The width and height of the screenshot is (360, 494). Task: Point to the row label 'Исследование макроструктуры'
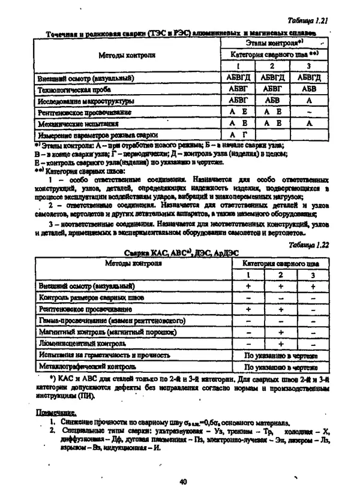(77, 101)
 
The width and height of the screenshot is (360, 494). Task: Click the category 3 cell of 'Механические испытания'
(309, 123)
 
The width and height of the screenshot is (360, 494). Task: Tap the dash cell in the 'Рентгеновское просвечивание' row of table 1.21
(309, 112)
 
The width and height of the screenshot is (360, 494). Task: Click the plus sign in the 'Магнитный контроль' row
(280, 332)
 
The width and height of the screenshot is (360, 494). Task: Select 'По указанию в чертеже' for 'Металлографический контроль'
(280, 366)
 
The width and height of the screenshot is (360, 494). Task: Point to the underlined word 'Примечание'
(56, 412)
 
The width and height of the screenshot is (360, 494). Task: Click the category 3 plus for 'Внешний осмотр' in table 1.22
(313, 286)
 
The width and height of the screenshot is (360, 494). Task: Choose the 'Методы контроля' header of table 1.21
(127, 55)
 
